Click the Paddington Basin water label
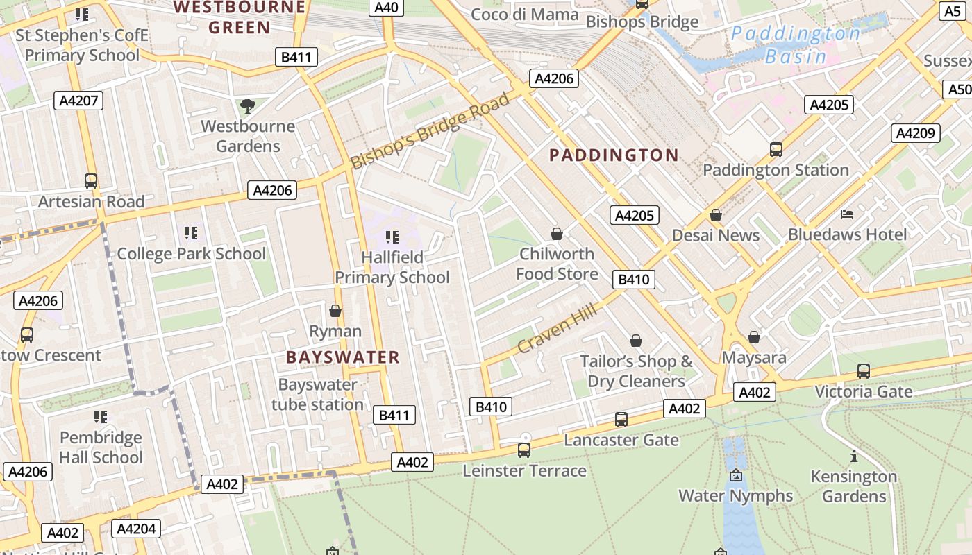pyautogui.click(x=796, y=44)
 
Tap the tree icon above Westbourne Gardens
pyautogui.click(x=247, y=106)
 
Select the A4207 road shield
pyautogui.click(x=78, y=101)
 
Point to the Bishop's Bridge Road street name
pyautogui.click(x=430, y=130)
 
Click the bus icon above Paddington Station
pyautogui.click(x=776, y=149)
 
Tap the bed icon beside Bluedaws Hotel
pyautogui.click(x=846, y=214)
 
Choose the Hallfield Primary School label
pyautogui.click(x=392, y=267)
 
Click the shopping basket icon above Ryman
pyautogui.click(x=335, y=311)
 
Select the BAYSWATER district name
pyautogui.click(x=343, y=357)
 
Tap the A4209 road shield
pyautogui.click(x=916, y=133)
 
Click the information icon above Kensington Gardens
pyautogui.click(x=853, y=456)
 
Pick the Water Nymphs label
pyautogui.click(x=735, y=495)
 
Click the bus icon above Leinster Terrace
pyautogui.click(x=524, y=450)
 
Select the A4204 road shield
pyautogui.click(x=136, y=529)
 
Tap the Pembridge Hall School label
pyautogui.click(x=101, y=447)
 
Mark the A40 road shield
pyautogui.click(x=386, y=8)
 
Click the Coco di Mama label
pyautogui.click(x=524, y=15)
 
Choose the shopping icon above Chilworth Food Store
pyautogui.click(x=556, y=234)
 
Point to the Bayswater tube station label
pyautogui.click(x=317, y=394)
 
